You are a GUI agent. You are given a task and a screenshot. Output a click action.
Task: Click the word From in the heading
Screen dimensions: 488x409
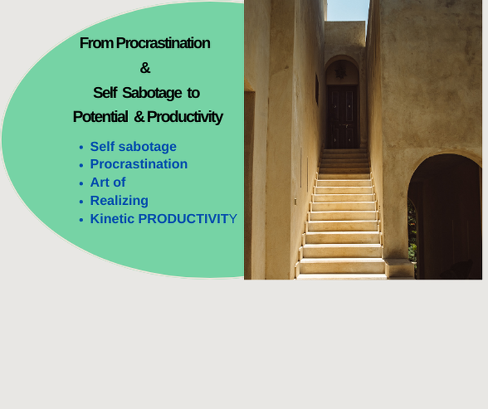(x=96, y=43)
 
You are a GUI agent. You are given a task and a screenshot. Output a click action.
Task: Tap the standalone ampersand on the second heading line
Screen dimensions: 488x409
(x=145, y=68)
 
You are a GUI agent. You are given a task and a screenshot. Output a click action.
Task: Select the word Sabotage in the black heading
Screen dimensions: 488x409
(x=152, y=93)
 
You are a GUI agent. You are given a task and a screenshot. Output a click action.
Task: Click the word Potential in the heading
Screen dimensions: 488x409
(x=100, y=117)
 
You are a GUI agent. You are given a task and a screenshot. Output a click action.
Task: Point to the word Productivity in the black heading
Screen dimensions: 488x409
(x=185, y=117)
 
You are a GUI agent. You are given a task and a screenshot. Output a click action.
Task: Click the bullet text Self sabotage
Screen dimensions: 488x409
(x=133, y=147)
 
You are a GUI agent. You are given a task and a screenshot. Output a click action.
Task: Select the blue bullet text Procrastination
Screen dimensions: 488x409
(x=139, y=164)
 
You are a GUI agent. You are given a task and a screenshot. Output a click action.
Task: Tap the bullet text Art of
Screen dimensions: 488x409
(x=108, y=183)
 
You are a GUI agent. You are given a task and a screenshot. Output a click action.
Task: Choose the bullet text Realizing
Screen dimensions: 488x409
(x=119, y=201)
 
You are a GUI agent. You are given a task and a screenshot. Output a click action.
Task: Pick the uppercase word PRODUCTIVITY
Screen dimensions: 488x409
(x=188, y=219)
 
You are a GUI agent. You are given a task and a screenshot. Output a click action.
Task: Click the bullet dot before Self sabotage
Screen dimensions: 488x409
(x=81, y=147)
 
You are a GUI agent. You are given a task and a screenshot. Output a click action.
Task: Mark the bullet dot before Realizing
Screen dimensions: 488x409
(x=81, y=201)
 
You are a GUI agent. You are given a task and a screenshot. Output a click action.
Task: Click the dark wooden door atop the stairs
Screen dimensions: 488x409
(x=342, y=116)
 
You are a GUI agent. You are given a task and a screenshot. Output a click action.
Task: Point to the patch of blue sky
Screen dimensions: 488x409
(x=348, y=10)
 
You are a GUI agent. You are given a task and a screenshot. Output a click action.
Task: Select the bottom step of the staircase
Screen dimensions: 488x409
(x=342, y=277)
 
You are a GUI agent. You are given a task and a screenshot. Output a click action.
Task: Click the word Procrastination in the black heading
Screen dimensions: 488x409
(x=163, y=43)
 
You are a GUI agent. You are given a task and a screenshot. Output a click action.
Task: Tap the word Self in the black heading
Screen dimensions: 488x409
(x=105, y=93)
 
